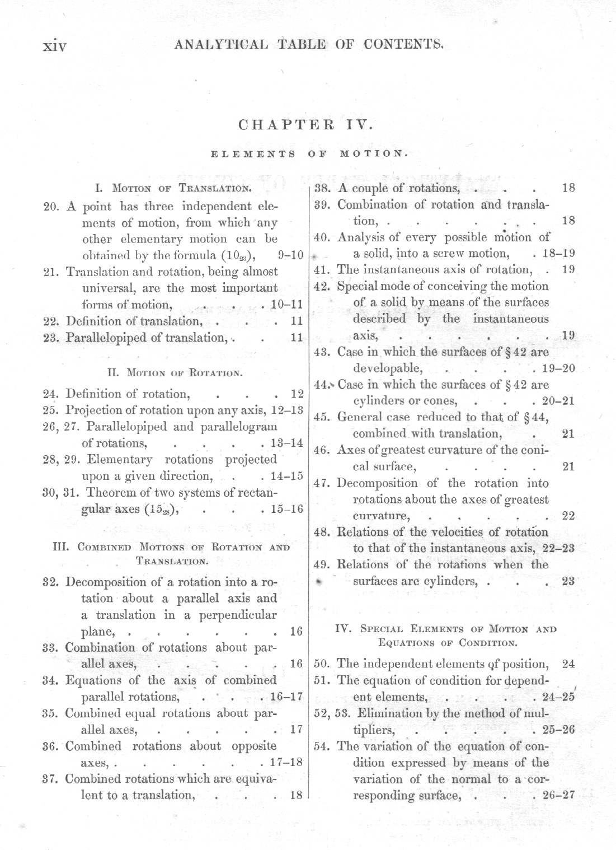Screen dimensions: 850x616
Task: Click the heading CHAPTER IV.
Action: (305, 124)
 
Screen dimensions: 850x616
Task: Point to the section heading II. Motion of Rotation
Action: (174, 372)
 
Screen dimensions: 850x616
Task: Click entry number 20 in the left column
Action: (51, 207)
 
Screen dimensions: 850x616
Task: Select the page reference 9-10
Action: (290, 255)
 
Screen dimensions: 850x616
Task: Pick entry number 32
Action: (51, 582)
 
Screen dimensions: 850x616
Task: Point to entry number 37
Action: (51, 779)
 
